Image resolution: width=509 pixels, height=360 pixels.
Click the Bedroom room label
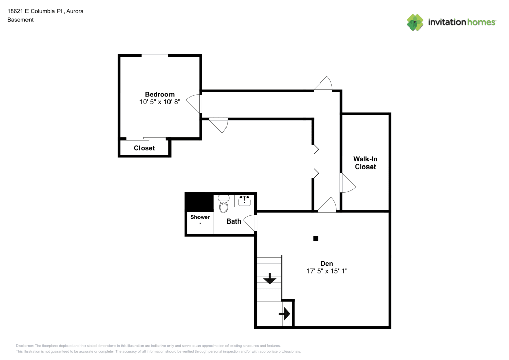click(x=159, y=94)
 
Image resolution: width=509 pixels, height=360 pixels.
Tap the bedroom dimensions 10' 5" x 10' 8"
click(x=160, y=102)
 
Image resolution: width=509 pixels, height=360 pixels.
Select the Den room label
click(x=326, y=263)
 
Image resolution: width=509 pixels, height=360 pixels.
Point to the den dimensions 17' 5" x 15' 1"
click(x=326, y=271)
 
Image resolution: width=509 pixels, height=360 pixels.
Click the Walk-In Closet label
click(x=365, y=163)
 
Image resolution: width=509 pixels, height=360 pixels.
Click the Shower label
click(x=200, y=217)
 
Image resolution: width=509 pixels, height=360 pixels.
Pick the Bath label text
click(x=234, y=221)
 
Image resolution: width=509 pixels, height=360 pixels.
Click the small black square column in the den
click(x=316, y=238)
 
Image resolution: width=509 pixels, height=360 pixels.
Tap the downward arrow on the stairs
click(x=269, y=279)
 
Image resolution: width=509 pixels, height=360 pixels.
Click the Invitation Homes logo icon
click(x=415, y=22)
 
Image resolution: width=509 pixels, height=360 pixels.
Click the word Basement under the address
click(x=20, y=20)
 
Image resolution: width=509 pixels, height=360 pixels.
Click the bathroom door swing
click(x=250, y=223)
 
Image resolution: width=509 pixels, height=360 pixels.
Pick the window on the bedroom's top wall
click(x=155, y=56)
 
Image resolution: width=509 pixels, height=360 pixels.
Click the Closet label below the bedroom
click(x=144, y=148)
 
